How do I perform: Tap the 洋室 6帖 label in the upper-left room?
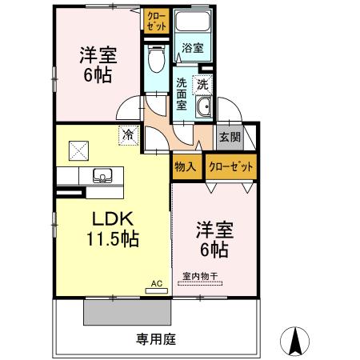point(98,65)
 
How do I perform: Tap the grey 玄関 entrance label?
point(229,137)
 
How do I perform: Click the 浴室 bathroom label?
point(192,48)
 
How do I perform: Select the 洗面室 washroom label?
point(182,94)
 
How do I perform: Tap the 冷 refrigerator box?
point(127,135)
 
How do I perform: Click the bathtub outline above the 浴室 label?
point(192,23)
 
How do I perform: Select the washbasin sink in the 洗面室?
point(204,110)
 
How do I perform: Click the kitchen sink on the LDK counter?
point(102,175)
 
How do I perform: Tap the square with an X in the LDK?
point(78,149)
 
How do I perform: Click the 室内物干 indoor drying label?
point(200,278)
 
